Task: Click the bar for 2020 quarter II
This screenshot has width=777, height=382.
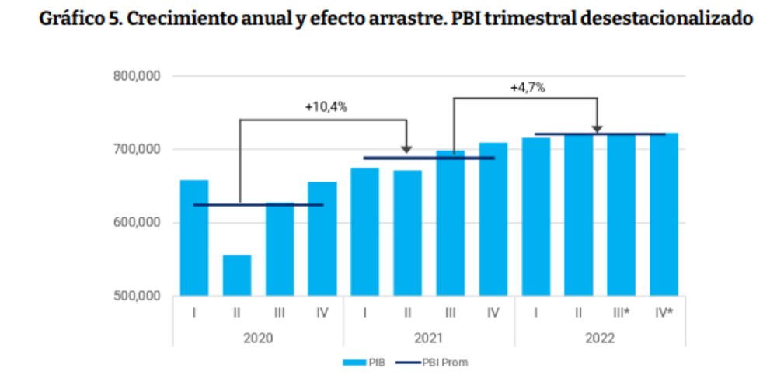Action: click(237, 276)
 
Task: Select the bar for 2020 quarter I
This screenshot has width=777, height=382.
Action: click(194, 238)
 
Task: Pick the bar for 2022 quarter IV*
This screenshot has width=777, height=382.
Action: click(664, 214)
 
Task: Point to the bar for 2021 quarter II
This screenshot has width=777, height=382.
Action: click(407, 233)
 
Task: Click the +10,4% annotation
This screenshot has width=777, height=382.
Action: click(326, 107)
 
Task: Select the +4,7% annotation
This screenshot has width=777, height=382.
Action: click(528, 87)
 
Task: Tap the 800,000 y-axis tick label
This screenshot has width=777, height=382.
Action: click(138, 76)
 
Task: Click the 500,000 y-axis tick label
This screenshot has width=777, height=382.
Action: click(138, 296)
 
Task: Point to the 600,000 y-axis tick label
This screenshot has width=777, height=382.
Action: click(138, 223)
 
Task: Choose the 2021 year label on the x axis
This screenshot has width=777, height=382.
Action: click(428, 339)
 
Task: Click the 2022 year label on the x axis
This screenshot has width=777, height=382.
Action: click(599, 339)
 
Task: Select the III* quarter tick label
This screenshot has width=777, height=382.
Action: click(622, 313)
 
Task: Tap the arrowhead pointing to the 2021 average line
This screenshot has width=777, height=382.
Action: click(406, 149)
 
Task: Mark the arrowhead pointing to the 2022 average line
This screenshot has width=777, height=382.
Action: click(597, 127)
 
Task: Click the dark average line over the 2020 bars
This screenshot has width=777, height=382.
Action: click(258, 205)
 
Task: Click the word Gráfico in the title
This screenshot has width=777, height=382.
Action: click(75, 19)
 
